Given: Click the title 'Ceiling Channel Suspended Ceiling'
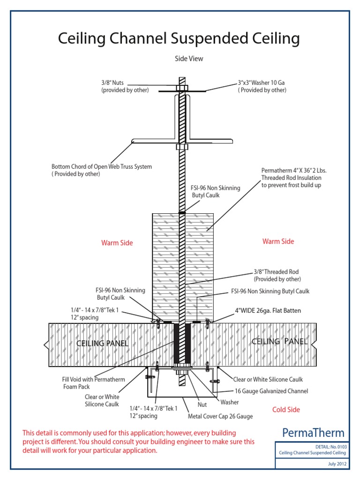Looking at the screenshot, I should point(179,38).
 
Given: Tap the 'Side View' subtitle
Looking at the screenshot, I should point(189,59).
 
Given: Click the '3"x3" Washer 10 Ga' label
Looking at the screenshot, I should point(262,83).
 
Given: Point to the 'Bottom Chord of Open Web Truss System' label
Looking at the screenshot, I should point(102,167).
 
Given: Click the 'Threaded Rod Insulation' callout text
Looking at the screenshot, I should point(292,178).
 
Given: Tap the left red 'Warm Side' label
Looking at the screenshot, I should point(117,243).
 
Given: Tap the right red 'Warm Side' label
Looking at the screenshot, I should point(278,241).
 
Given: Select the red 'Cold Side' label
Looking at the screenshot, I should point(286,410).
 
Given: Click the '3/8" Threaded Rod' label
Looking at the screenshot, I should point(276,272).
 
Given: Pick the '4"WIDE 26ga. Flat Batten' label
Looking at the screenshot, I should point(268,311).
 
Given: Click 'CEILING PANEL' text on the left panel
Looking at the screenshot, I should point(102,344).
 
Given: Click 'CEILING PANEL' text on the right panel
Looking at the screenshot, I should point(279,341).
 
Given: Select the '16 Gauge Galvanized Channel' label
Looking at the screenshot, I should point(271,391).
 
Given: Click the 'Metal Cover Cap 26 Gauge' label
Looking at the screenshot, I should point(220,416).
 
